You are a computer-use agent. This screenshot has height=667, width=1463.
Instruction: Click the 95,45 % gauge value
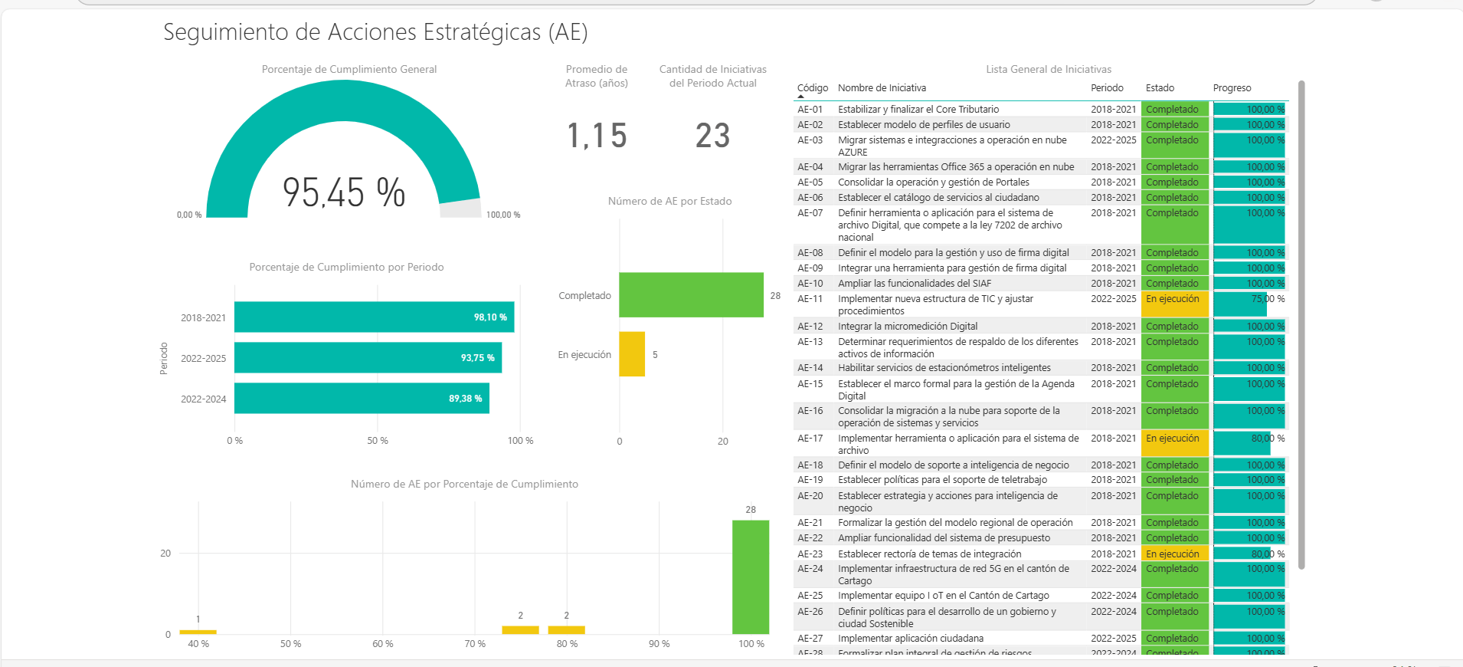344,192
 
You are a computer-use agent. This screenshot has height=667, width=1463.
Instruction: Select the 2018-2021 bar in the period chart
374,317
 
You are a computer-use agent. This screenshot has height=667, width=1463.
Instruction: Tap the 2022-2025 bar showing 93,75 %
368,357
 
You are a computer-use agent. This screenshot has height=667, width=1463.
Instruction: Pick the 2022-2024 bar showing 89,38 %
362,398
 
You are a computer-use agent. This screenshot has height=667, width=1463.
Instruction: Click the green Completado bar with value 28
691,294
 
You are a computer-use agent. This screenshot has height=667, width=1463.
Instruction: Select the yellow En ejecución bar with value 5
632,354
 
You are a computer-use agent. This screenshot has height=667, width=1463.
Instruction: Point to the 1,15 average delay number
597,136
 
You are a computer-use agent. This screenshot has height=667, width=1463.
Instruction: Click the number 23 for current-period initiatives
712,136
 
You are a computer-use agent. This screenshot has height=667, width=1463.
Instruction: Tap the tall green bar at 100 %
751,577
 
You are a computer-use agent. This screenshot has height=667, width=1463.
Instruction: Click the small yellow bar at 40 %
198,632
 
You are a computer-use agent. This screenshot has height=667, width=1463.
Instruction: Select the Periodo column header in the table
1107,88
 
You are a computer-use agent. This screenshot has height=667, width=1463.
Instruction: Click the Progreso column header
1232,88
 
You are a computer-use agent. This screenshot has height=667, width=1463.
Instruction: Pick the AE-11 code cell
810,299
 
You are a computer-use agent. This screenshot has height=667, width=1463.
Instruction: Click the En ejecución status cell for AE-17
1173,439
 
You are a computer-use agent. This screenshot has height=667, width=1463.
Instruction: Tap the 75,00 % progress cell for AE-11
1249,300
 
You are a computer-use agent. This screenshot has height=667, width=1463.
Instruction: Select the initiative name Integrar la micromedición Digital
908,327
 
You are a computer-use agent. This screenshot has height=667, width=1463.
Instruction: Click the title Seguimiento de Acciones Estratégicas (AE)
375,32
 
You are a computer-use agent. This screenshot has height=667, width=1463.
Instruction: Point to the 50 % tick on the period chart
378,441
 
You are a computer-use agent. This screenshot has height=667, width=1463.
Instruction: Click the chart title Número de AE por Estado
669,202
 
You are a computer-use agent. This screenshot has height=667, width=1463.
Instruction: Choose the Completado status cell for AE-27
1173,639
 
